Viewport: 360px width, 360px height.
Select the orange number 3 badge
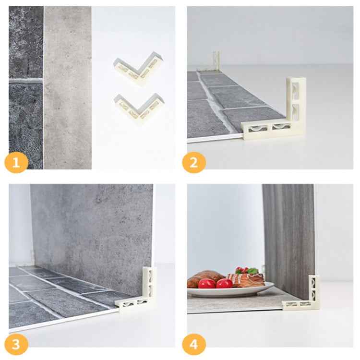(16, 344)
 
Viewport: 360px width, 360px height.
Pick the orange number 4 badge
(193, 344)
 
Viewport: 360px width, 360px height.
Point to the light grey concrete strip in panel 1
(67, 86)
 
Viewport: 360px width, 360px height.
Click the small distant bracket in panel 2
(215, 61)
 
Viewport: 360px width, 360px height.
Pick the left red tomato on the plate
(207, 284)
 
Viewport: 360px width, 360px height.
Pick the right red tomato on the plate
(224, 284)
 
